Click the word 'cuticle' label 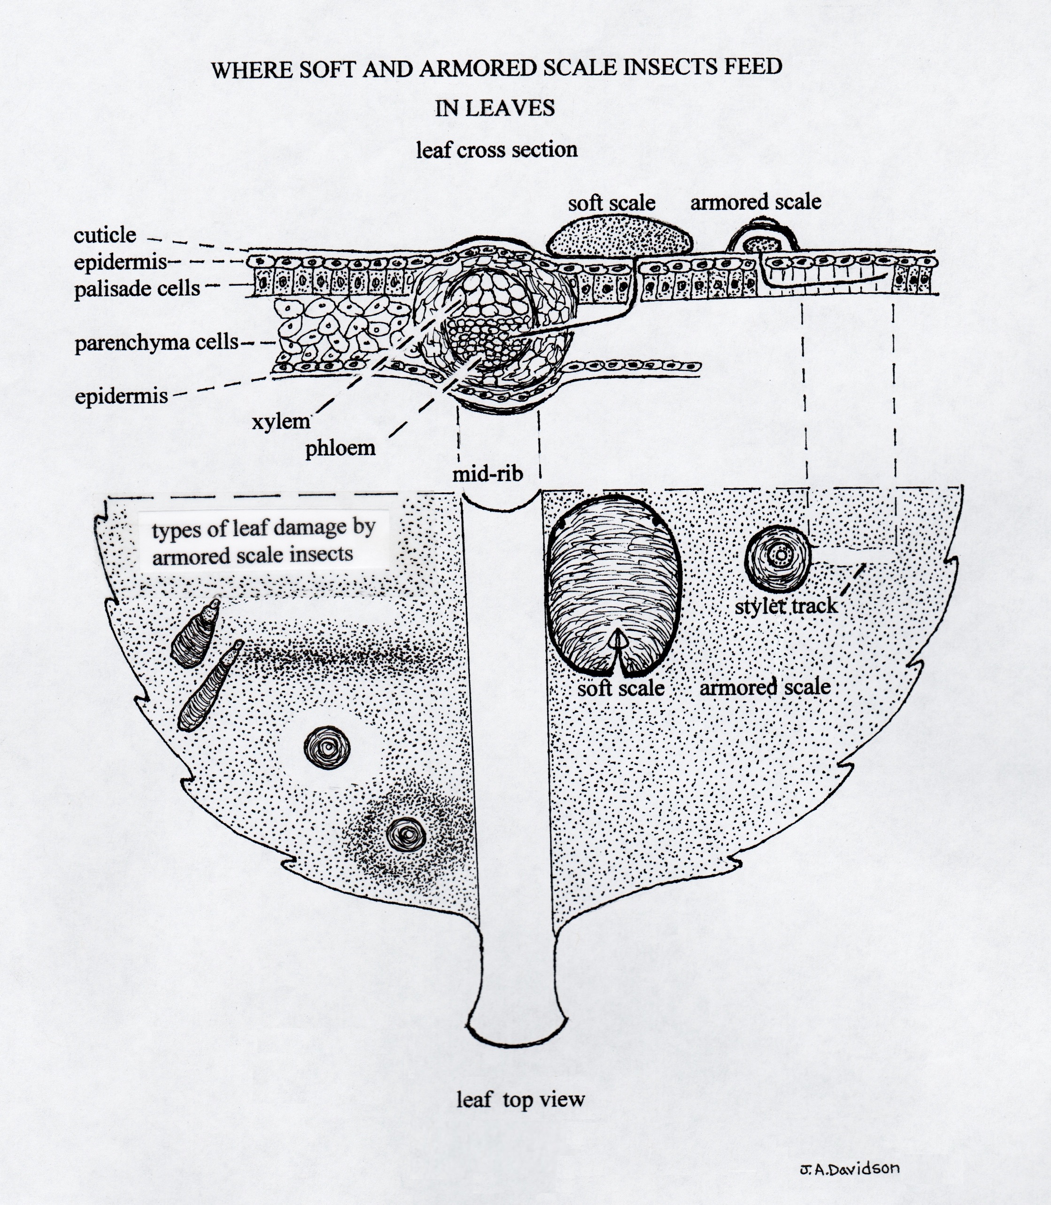tap(105, 235)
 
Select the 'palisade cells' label tap(137, 288)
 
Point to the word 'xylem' tap(281, 421)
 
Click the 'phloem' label tap(340, 448)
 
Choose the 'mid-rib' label tap(487, 474)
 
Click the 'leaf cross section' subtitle tap(497, 149)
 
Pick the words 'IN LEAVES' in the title tap(495, 108)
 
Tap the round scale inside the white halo tap(327, 748)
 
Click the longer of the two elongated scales tap(210, 686)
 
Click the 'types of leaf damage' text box tap(264, 540)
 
